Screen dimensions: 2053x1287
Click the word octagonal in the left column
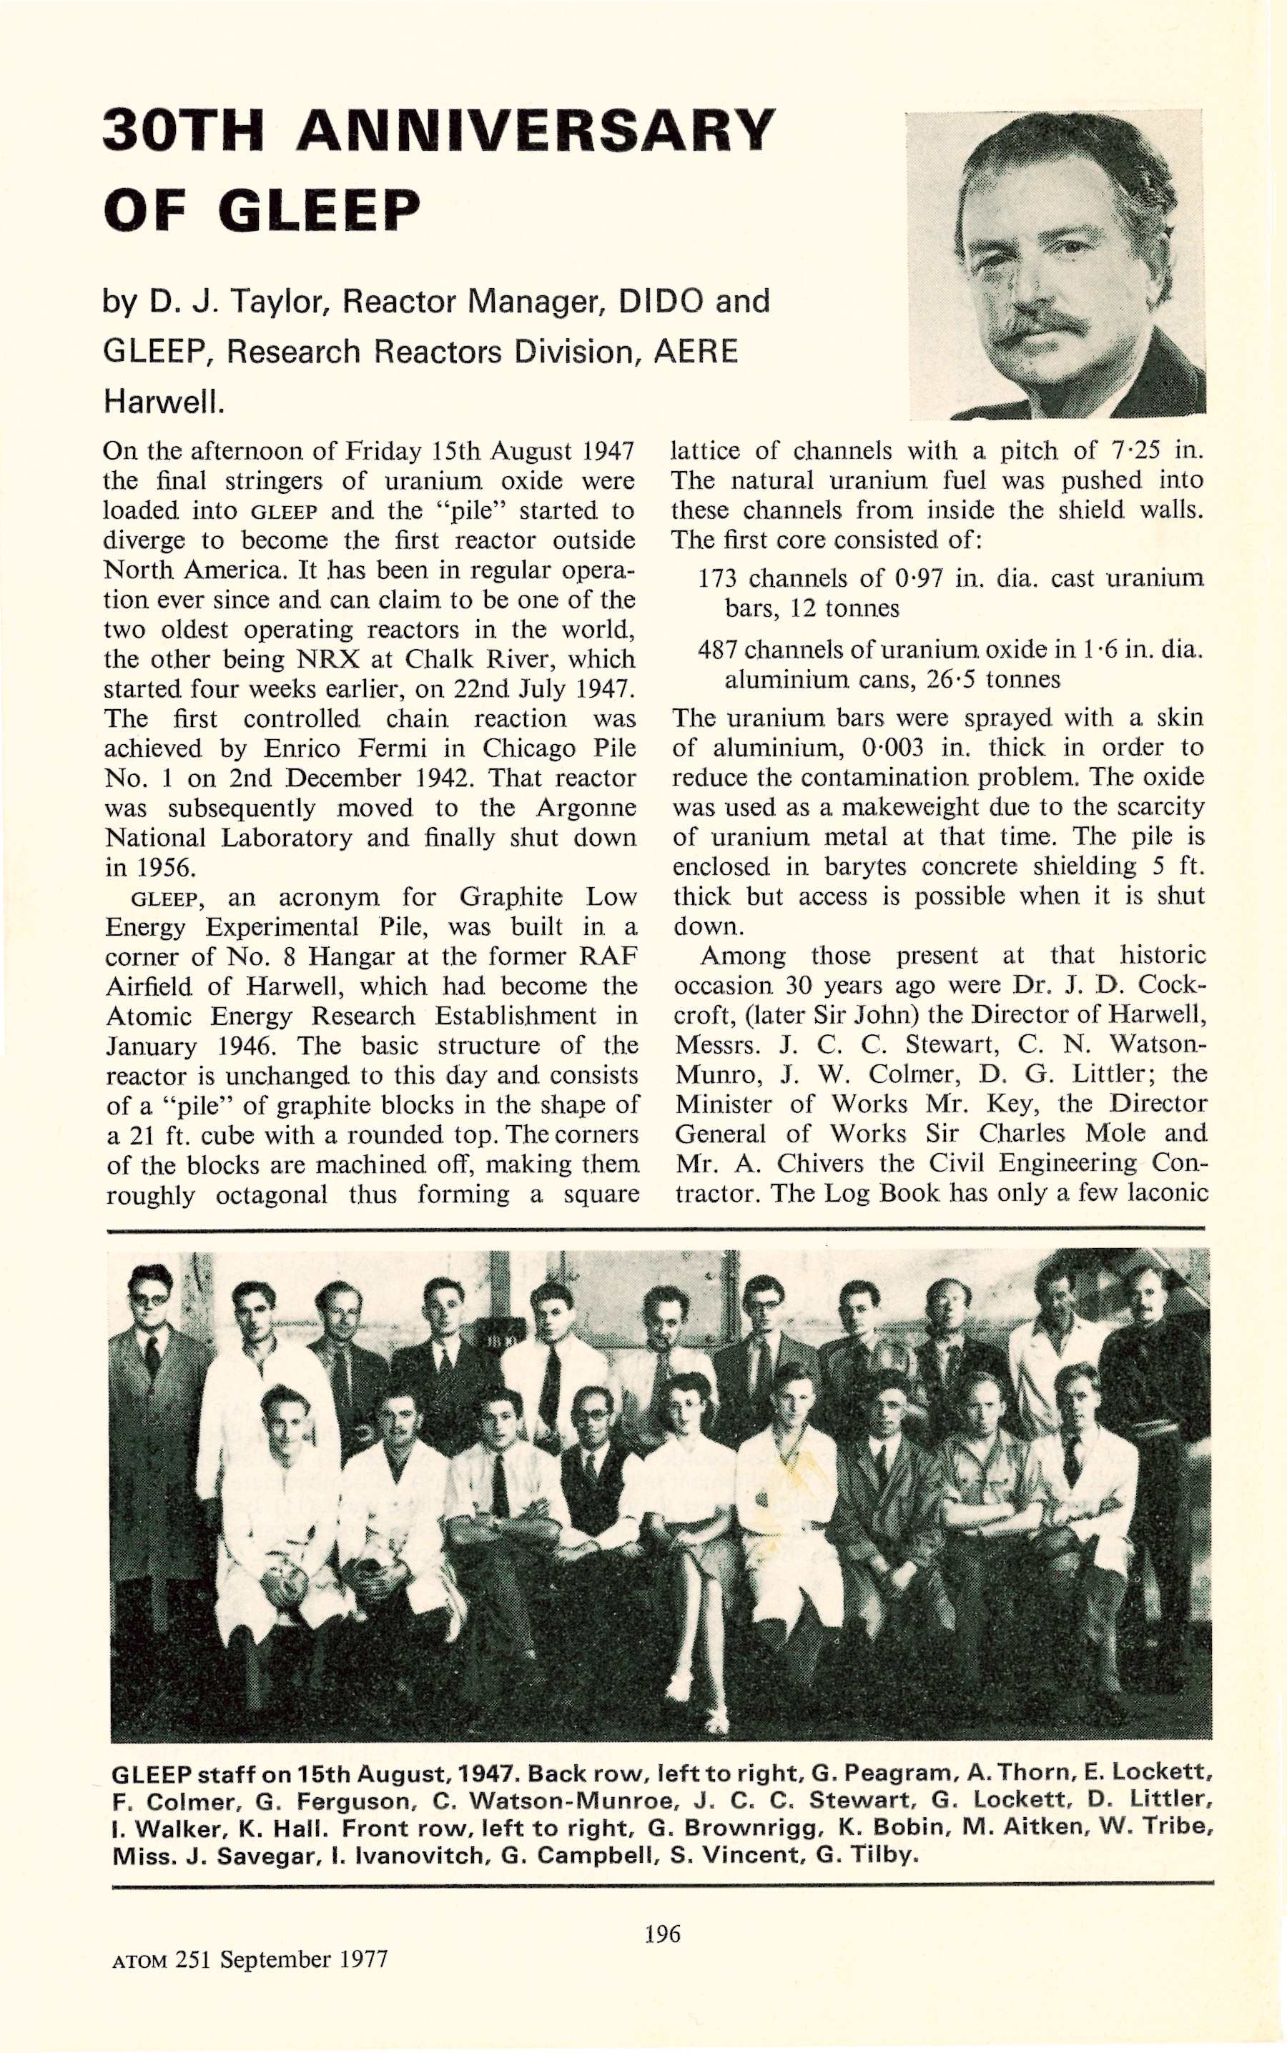[271, 1195]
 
